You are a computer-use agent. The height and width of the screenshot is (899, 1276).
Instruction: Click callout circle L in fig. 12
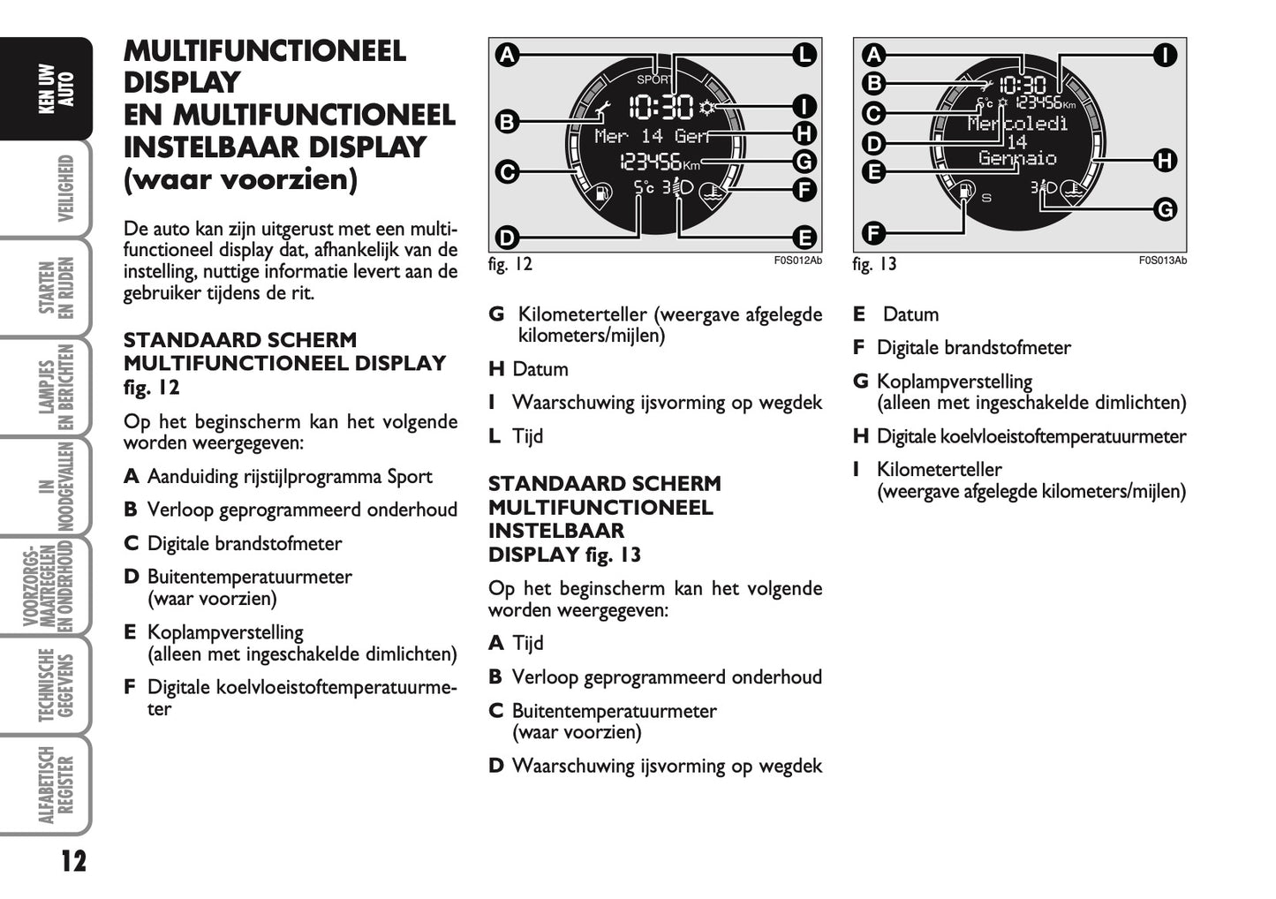pyautogui.click(x=804, y=55)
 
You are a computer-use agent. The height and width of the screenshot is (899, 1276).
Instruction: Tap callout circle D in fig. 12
pyautogui.click(x=506, y=238)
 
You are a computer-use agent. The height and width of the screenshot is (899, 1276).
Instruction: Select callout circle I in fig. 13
pyautogui.click(x=1165, y=55)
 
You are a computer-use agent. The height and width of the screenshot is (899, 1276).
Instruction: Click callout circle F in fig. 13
pyautogui.click(x=872, y=233)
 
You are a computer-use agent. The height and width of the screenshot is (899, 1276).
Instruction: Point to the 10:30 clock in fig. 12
pyautogui.click(x=661, y=108)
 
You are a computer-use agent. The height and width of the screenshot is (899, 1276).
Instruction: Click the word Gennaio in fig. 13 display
pyautogui.click(x=1017, y=159)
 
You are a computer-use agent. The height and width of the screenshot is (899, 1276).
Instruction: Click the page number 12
pyautogui.click(x=73, y=860)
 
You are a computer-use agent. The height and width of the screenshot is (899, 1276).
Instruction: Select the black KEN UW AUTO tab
pyautogui.click(x=56, y=88)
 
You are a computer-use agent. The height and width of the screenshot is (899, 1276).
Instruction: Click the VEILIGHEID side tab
pyautogui.click(x=64, y=188)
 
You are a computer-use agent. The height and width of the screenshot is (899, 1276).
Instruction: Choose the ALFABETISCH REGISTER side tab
pyautogui.click(x=56, y=785)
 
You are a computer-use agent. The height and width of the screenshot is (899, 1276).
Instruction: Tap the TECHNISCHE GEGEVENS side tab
pyautogui.click(x=56, y=686)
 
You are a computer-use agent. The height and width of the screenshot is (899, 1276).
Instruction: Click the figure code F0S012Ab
pyautogui.click(x=797, y=261)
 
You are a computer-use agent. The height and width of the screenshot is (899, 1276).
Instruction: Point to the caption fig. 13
pyautogui.click(x=874, y=264)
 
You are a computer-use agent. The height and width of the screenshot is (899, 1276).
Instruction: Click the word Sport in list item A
pyautogui.click(x=410, y=477)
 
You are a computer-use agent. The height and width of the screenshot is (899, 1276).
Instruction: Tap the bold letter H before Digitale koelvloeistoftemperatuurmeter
pyautogui.click(x=860, y=436)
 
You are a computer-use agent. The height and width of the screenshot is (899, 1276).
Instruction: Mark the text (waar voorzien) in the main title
pyautogui.click(x=241, y=179)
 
